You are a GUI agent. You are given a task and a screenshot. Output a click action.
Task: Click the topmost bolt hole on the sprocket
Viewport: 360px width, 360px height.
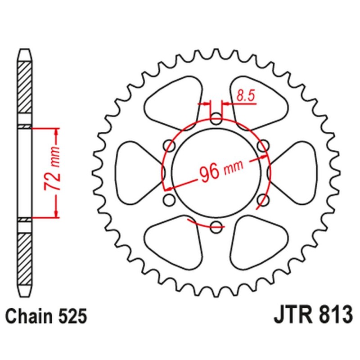click(216, 120)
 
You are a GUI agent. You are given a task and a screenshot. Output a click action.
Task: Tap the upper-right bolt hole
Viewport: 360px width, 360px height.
click(263, 146)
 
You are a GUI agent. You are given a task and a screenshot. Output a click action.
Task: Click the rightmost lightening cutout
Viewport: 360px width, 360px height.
click(295, 173)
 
